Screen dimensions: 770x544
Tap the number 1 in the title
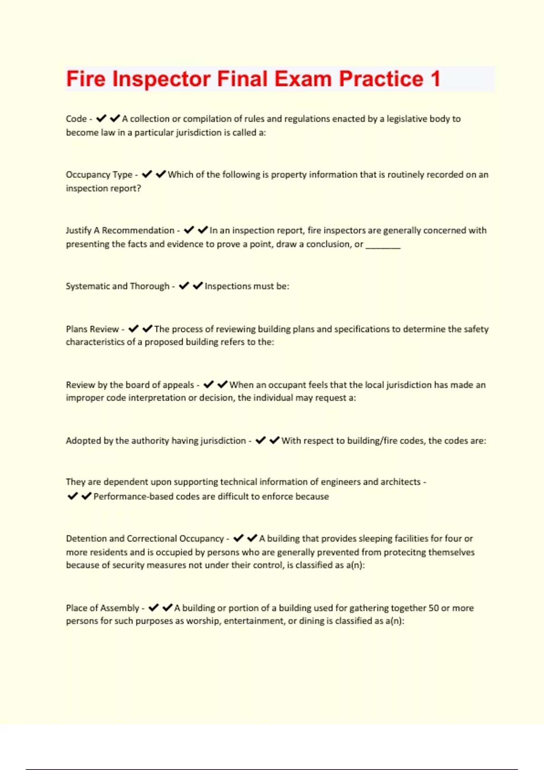click(435, 79)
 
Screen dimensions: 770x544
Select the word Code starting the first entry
click(76, 119)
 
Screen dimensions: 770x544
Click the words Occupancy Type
click(99, 174)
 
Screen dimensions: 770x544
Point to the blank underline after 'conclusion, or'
click(383, 245)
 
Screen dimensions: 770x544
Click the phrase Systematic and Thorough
click(117, 286)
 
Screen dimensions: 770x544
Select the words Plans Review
click(92, 329)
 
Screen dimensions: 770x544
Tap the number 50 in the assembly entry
click(434, 608)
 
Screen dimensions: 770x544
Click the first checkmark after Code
click(101, 119)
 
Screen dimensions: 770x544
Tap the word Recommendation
click(138, 231)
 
